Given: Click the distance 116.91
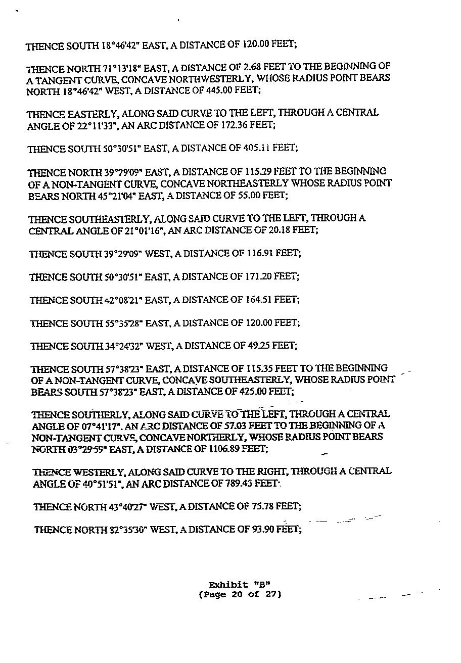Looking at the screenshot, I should [260, 253].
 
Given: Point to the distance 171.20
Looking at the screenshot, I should [259, 276].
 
